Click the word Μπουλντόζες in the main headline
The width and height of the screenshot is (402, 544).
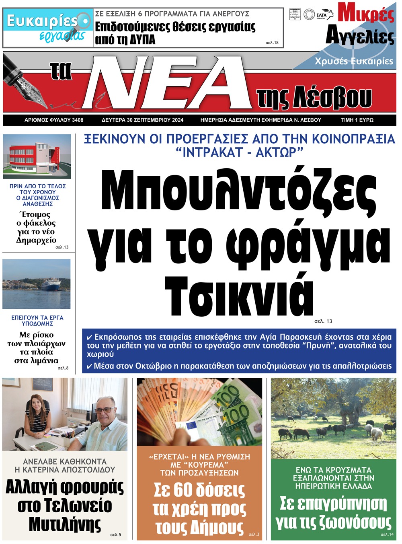point(239,191)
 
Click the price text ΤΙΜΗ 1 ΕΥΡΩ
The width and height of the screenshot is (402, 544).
point(357,120)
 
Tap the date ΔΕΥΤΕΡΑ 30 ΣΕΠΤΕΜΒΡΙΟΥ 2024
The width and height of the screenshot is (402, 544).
point(142,120)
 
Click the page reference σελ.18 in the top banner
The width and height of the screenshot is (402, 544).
point(272,43)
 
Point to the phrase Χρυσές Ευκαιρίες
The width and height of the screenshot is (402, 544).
point(354,61)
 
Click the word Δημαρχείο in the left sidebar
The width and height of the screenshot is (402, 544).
point(36,240)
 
